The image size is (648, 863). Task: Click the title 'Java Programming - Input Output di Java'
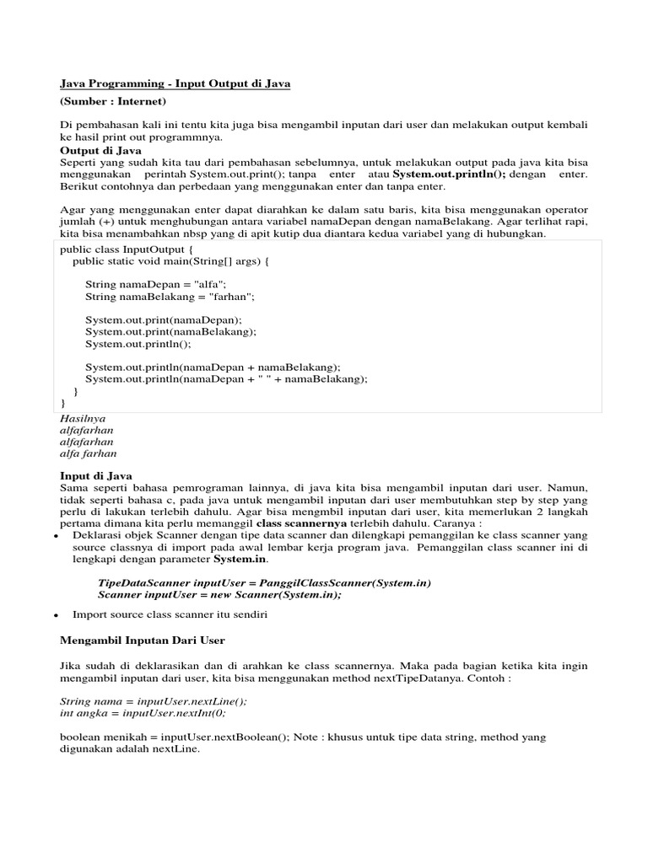pyautogui.click(x=175, y=84)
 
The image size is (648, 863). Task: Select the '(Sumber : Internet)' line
pyautogui.click(x=113, y=101)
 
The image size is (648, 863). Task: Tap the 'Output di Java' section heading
pyautogui.click(x=100, y=150)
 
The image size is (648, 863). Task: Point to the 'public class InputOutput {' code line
pyautogui.click(x=127, y=249)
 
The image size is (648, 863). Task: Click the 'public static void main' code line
pyautogui.click(x=170, y=261)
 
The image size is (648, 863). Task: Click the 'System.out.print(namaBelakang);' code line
pyautogui.click(x=170, y=332)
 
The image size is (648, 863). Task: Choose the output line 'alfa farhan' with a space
pyautogui.click(x=89, y=453)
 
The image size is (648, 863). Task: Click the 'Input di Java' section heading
pyautogui.click(x=96, y=476)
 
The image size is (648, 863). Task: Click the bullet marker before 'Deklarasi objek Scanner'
pyautogui.click(x=55, y=535)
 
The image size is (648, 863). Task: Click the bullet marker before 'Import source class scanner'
pyautogui.click(x=55, y=615)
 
